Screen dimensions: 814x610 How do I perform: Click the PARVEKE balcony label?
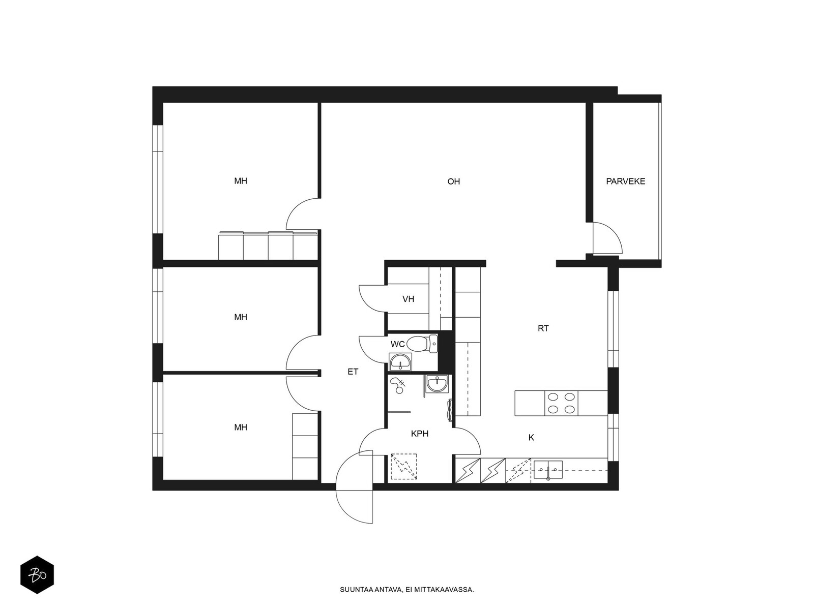pos(625,181)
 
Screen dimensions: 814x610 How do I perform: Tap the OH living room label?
pos(453,181)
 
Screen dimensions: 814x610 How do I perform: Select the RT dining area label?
pos(543,328)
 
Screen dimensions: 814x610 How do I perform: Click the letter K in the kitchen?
pos(531,437)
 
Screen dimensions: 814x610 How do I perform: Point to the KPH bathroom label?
pos(419,433)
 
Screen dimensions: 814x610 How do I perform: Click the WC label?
pos(397,344)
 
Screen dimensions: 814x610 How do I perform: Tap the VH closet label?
pos(408,299)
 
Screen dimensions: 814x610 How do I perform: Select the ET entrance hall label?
pos(353,372)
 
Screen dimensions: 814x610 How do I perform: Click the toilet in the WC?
pos(422,343)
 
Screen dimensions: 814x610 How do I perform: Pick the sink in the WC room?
pos(400,362)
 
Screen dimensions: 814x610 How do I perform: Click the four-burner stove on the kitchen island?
pos(561,403)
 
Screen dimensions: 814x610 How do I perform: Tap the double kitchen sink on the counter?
pos(548,470)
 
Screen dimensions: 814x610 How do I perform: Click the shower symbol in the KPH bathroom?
pos(398,385)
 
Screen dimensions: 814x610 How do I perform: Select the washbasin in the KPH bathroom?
pos(437,383)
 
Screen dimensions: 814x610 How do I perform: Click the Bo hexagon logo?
pos(37,575)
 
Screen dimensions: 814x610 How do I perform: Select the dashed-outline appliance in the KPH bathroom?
pos(404,467)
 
